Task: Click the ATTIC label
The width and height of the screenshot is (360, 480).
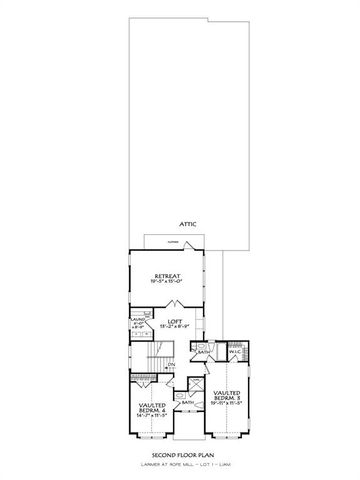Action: pyautogui.click(x=187, y=226)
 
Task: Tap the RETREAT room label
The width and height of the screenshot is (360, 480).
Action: pyautogui.click(x=165, y=275)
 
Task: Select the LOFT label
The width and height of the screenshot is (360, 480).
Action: pyautogui.click(x=174, y=322)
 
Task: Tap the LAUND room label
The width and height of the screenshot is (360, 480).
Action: pyautogui.click(x=138, y=321)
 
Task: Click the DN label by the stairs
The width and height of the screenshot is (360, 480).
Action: pyautogui.click(x=171, y=365)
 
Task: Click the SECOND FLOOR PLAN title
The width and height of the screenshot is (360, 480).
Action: pyautogui.click(x=180, y=453)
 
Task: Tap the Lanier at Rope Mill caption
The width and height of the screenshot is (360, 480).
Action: pyautogui.click(x=180, y=463)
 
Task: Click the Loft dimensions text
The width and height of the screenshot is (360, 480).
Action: pyautogui.click(x=174, y=328)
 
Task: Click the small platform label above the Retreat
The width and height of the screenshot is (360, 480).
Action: pyautogui.click(x=173, y=243)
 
